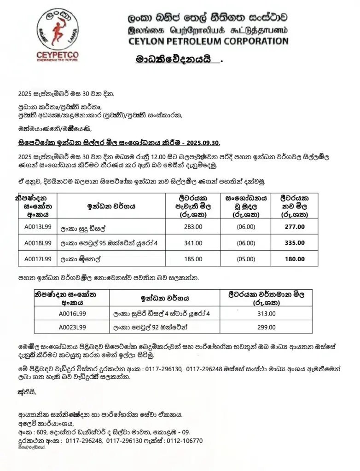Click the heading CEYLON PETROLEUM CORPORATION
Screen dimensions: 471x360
(x=208, y=41)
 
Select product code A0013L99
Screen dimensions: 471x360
(x=38, y=227)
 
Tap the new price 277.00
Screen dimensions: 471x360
(x=295, y=227)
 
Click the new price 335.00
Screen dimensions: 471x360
(x=295, y=242)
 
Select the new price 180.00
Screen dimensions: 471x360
(x=295, y=258)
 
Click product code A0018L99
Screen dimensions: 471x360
(x=38, y=242)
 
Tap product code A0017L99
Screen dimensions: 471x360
(x=38, y=258)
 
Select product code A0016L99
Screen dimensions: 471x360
(x=72, y=314)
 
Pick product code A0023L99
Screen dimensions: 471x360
(x=72, y=327)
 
